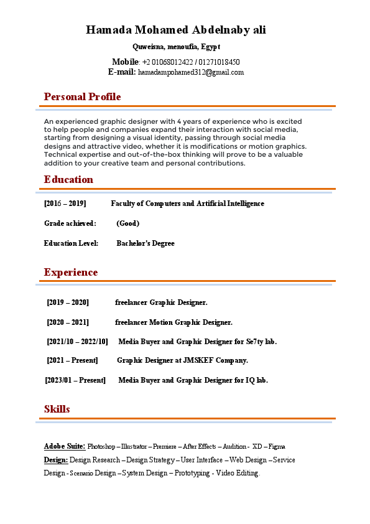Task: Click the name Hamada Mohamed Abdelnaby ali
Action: coord(176,30)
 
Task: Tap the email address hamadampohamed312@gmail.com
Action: coord(191,72)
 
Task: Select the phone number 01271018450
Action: coord(219,62)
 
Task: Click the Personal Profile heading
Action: coord(82,97)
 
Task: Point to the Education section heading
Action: coord(68,180)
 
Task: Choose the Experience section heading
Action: coord(70,273)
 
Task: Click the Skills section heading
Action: coord(57,409)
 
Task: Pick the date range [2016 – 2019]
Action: coord(65,204)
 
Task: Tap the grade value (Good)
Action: coord(127,223)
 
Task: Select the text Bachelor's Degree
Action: coord(146,243)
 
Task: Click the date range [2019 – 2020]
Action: coord(68,302)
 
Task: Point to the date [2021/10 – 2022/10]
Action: coord(77,342)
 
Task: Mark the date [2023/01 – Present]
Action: coord(75,380)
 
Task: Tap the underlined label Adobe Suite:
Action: coord(65,446)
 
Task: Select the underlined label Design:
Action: coord(56,460)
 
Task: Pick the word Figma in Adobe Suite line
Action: coord(277,447)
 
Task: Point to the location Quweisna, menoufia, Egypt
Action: coord(176,47)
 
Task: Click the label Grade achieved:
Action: coord(70,223)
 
